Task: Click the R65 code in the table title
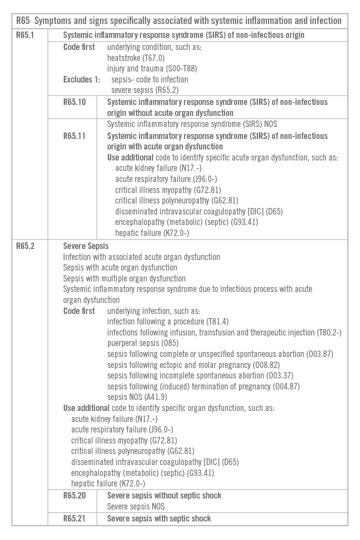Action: pyautogui.click(x=23, y=20)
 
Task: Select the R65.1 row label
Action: pyautogui.click(x=25, y=35)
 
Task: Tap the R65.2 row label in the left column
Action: pyautogui.click(x=25, y=246)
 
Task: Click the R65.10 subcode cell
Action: pyautogui.click(x=74, y=102)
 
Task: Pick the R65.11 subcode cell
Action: pyautogui.click(x=74, y=136)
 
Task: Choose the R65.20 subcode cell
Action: pyautogui.click(x=74, y=495)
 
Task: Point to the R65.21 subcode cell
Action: pyautogui.click(x=74, y=518)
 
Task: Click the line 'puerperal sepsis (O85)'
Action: pyautogui.click(x=142, y=343)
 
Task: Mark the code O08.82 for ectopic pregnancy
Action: pyautogui.click(x=271, y=365)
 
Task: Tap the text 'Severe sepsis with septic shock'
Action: pyautogui.click(x=159, y=518)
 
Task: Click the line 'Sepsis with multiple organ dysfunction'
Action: pyautogui.click(x=124, y=278)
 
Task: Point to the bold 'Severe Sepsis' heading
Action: pyautogui.click(x=85, y=246)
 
